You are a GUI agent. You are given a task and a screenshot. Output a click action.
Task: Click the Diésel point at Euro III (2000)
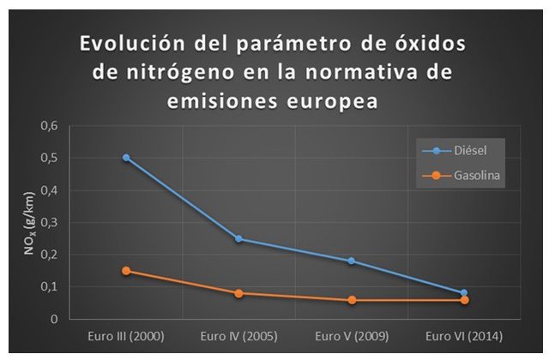point(126,158)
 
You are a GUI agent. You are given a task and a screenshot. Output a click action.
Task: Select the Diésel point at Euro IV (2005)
point(239,239)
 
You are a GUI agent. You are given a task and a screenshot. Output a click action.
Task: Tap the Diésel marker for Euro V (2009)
point(352,261)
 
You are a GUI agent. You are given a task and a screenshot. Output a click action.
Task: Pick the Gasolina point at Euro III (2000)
point(126,271)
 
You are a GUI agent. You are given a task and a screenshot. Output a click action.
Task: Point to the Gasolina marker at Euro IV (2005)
point(239,293)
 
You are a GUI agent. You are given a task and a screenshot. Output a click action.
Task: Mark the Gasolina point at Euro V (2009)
point(352,300)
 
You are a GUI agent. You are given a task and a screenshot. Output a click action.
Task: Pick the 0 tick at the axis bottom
point(56,320)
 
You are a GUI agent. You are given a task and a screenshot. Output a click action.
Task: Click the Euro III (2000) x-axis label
point(126,335)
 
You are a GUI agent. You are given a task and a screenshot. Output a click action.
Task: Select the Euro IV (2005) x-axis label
point(239,335)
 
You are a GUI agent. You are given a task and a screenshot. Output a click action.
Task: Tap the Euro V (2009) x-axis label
point(352,335)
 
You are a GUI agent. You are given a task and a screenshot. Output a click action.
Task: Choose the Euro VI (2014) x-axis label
point(464,335)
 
